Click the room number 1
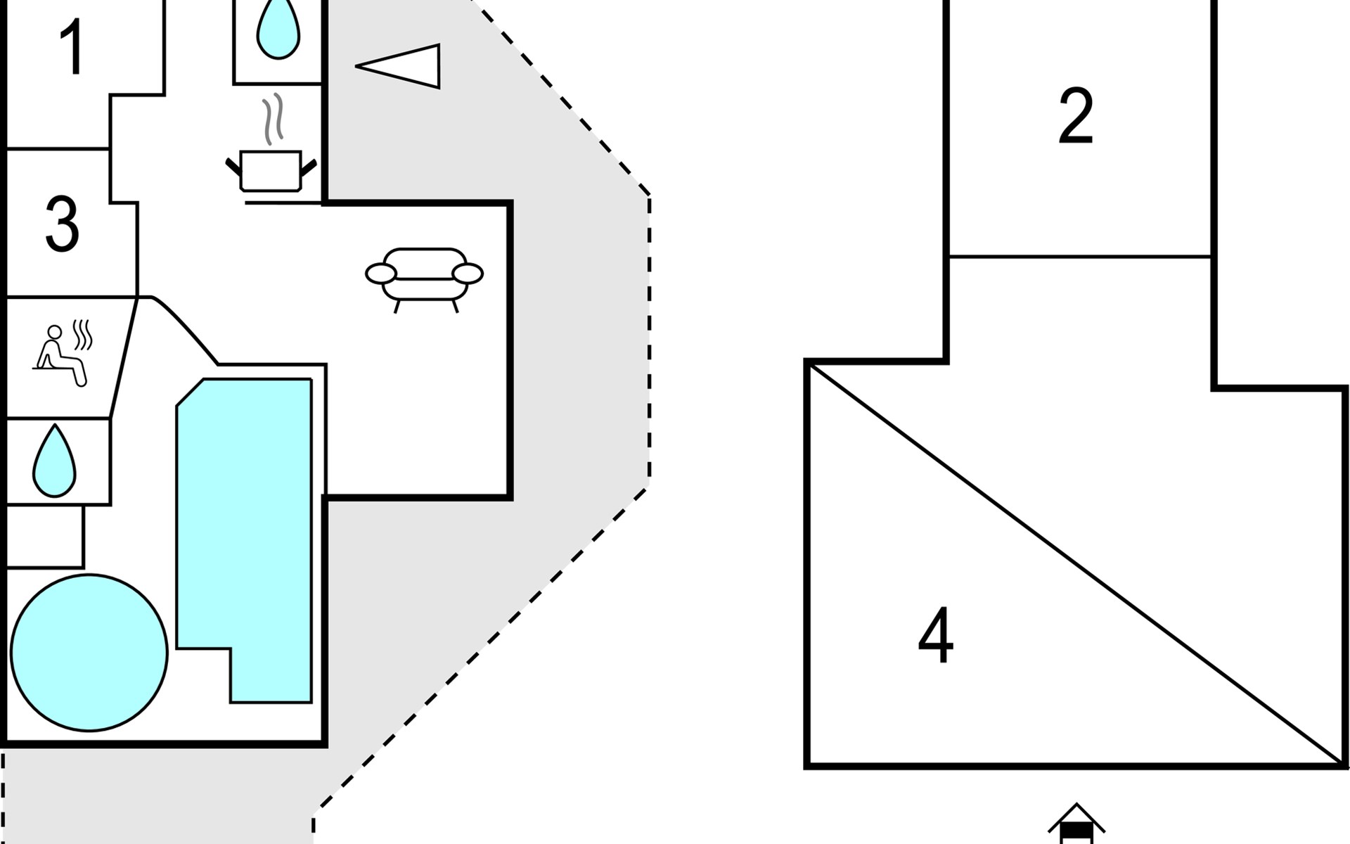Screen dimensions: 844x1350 click(x=72, y=47)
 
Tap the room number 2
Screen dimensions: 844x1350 click(x=1076, y=116)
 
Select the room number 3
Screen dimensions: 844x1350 click(x=62, y=224)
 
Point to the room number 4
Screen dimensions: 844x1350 click(x=936, y=636)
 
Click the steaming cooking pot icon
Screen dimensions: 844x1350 click(x=271, y=171)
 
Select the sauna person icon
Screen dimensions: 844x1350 click(x=60, y=355)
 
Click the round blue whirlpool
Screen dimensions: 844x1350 click(x=89, y=652)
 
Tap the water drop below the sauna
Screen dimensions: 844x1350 click(x=54, y=461)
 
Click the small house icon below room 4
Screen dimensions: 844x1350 click(x=1076, y=826)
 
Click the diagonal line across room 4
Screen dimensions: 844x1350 click(x=1076, y=563)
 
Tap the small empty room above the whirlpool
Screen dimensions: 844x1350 click(x=45, y=536)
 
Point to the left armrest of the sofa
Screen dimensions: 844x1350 click(x=381, y=273)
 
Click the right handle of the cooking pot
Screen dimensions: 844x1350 click(x=308, y=168)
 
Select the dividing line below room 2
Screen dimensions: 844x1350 click(x=1079, y=257)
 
